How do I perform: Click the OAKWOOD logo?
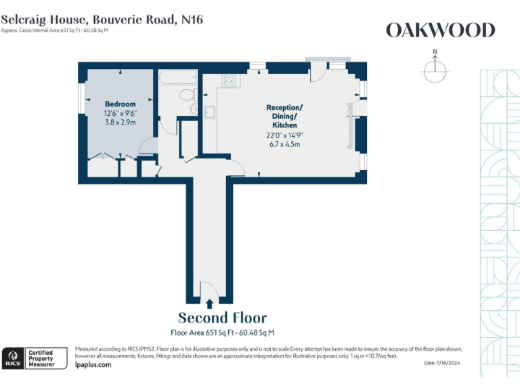click(440, 30)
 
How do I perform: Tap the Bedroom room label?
click(120, 104)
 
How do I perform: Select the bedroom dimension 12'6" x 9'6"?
click(120, 113)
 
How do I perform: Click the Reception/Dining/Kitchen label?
click(284, 116)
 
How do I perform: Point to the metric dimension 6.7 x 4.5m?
click(284, 144)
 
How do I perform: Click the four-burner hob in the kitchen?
click(229, 81)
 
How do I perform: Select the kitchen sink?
click(210, 112)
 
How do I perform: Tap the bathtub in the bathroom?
click(178, 79)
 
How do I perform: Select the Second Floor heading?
click(222, 318)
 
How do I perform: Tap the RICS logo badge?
click(12, 357)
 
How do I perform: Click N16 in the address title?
click(192, 19)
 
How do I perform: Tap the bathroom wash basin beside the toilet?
click(194, 108)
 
